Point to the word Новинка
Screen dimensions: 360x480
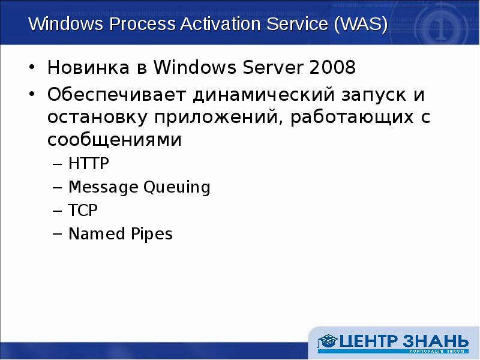tap(88, 68)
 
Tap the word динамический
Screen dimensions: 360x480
tap(250, 95)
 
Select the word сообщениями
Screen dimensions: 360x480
tap(114, 140)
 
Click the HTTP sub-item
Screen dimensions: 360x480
tap(89, 164)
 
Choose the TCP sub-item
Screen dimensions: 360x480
tap(83, 211)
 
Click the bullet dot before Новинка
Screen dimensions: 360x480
tap(34, 68)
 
